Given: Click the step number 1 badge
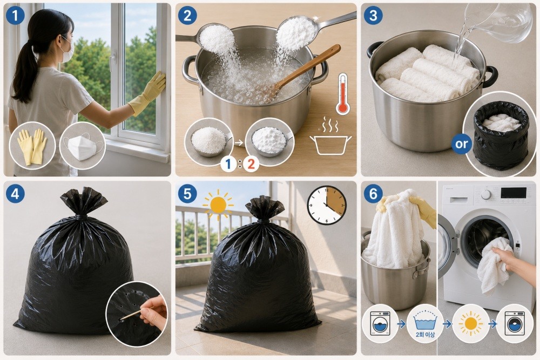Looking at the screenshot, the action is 15,16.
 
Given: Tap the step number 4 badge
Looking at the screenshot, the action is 15,194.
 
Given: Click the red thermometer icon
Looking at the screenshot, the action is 343,93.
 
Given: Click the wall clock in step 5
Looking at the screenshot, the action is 326,206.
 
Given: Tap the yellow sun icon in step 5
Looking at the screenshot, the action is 218,205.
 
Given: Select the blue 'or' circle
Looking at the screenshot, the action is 462,144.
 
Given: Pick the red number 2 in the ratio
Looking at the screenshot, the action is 251,164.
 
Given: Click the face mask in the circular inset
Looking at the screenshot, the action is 83,146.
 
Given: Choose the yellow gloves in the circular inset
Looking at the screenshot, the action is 32,146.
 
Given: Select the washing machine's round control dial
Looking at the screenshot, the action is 486,194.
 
